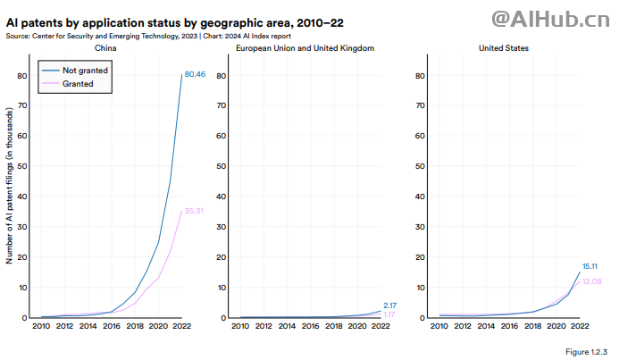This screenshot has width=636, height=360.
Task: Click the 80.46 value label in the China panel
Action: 195,75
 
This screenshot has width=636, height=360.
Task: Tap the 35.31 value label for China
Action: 195,211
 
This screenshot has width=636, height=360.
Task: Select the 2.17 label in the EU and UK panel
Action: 389,306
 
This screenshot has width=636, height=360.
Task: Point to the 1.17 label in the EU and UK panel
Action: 389,314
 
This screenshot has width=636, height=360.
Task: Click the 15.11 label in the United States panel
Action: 590,266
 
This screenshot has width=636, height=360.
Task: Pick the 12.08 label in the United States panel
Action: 592,281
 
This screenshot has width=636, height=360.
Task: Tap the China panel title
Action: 105,47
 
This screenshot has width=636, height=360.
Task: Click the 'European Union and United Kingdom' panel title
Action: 305,47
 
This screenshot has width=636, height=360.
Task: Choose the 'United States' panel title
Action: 505,47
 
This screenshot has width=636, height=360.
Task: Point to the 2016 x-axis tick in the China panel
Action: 112,327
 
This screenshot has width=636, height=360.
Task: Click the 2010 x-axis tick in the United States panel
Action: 440,327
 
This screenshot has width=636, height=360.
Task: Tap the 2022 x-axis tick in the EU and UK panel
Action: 381,327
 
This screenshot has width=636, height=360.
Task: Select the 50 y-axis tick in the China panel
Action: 22,166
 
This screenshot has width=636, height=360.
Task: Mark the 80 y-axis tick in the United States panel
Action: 422,75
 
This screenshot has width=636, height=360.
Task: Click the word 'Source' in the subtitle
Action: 18,36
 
